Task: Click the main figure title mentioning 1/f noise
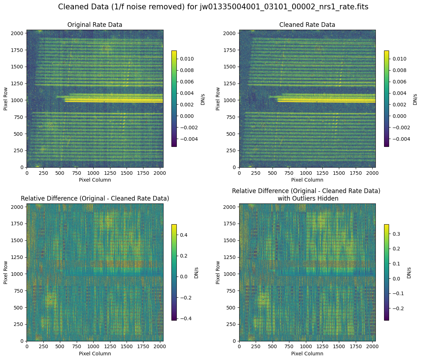pos(213,7)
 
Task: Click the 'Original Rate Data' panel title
pos(95,25)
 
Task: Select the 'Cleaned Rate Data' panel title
pos(307,25)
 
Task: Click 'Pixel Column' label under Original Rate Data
pos(95,180)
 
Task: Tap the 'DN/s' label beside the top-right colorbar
pos(415,99)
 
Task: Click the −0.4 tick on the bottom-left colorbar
pos(184,318)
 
